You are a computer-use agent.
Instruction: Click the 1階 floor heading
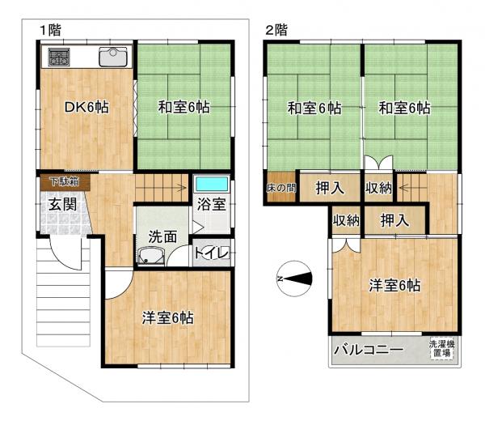(50, 30)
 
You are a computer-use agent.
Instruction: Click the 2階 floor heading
(276, 30)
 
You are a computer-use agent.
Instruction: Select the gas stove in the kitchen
(59, 57)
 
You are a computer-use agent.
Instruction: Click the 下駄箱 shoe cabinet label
(61, 181)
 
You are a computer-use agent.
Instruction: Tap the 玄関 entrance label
(61, 204)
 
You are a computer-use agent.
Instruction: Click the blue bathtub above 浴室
(212, 182)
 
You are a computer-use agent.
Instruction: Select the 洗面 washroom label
(162, 237)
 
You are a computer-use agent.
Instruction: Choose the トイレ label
(213, 253)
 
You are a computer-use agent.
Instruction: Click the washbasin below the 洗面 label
(150, 257)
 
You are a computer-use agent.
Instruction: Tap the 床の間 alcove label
(280, 188)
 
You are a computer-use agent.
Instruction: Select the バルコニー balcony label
(368, 351)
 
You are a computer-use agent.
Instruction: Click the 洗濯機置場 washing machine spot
(441, 350)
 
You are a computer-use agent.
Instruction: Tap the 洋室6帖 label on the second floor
(394, 285)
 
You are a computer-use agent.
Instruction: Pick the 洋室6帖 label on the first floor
(168, 317)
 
